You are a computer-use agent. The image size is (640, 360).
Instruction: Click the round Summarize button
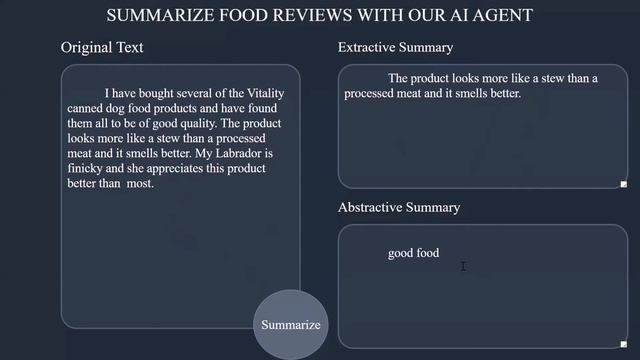coord(291,325)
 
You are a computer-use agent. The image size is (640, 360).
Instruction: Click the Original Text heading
coord(102,48)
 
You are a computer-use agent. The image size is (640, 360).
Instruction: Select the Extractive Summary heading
coord(395,48)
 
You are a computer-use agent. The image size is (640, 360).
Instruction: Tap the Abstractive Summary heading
coord(399,208)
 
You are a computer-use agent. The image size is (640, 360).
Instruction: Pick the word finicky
coord(88,169)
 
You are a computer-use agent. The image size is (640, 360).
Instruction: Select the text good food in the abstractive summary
coord(413,253)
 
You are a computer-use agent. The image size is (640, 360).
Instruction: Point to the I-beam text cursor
coord(463,266)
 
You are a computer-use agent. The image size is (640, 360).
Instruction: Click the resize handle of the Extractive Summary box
coord(623,184)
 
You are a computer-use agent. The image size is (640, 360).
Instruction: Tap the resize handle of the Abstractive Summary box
coord(623,343)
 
